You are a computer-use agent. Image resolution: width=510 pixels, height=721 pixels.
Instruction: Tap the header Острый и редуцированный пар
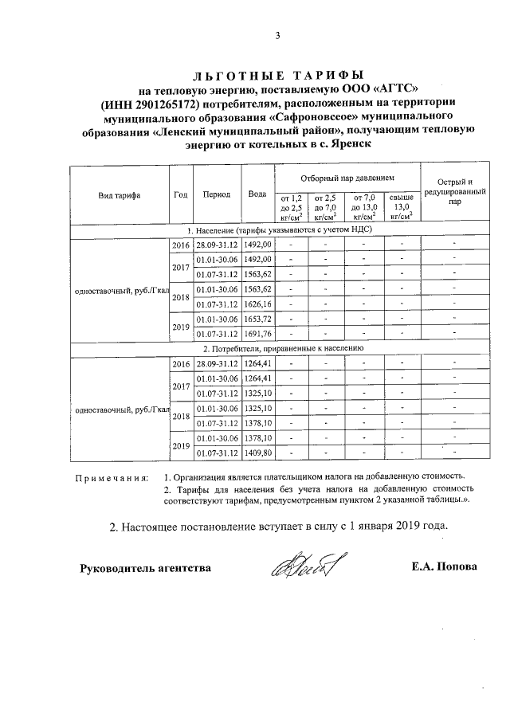click(x=454, y=193)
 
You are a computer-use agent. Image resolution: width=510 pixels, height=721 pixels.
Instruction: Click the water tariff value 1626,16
click(x=257, y=304)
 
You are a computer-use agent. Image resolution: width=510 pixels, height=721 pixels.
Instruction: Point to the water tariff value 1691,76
click(x=257, y=334)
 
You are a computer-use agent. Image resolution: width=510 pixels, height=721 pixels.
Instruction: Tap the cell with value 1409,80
click(x=257, y=453)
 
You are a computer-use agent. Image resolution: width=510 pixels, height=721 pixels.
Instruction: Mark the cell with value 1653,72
click(x=257, y=319)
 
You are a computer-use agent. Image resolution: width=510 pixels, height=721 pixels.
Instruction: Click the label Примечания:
click(x=112, y=478)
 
